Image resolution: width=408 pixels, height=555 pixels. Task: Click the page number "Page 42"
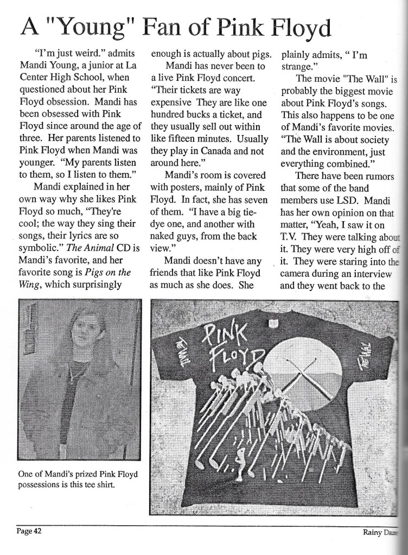(x=28, y=531)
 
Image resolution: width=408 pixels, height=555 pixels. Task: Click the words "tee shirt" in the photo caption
(x=99, y=485)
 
